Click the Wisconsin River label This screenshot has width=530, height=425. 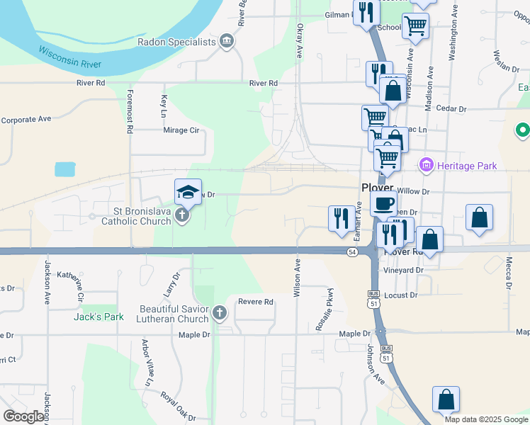click(x=69, y=57)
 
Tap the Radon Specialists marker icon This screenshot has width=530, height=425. click(x=226, y=41)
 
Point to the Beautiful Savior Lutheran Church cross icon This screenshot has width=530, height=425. click(x=220, y=312)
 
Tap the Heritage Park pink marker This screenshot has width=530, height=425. click(x=427, y=166)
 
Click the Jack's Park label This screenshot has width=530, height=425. click(x=98, y=317)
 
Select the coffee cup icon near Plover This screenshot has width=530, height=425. click(x=383, y=204)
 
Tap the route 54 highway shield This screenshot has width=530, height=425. click(x=352, y=251)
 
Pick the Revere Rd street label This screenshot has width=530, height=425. click(x=256, y=302)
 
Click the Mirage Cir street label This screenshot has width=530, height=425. click(x=181, y=130)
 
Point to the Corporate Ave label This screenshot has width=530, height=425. click(x=26, y=120)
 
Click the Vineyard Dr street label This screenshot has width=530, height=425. click(x=405, y=271)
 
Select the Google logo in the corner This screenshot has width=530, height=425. click(x=23, y=416)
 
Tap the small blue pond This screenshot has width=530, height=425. click(x=64, y=169)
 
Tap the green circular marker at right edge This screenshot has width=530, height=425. click(x=522, y=131)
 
